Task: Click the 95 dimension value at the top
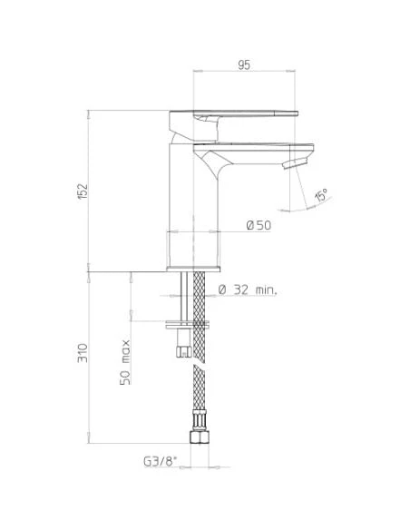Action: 244,64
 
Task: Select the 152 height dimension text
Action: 83,191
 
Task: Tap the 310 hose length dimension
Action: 83,352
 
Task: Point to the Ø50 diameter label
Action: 259,225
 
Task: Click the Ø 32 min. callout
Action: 247,290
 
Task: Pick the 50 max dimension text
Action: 126,362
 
